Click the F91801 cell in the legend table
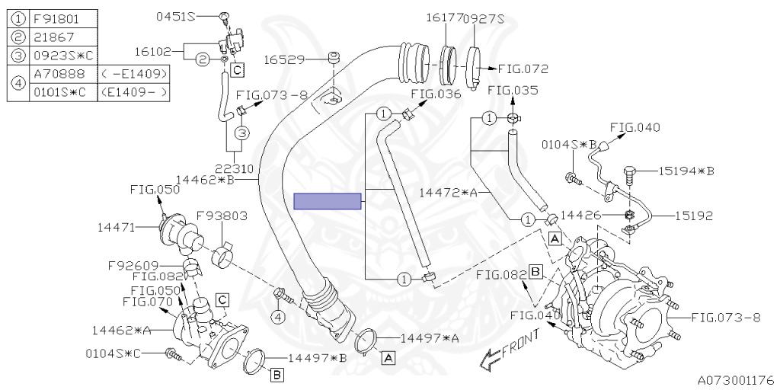click(x=62, y=20)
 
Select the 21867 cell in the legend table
click(x=62, y=37)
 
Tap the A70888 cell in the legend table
click(x=62, y=74)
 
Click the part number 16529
click(x=283, y=59)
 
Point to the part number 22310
click(x=235, y=168)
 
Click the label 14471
click(x=116, y=227)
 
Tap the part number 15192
click(x=694, y=216)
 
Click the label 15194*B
click(x=686, y=171)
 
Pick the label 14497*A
click(x=430, y=338)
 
